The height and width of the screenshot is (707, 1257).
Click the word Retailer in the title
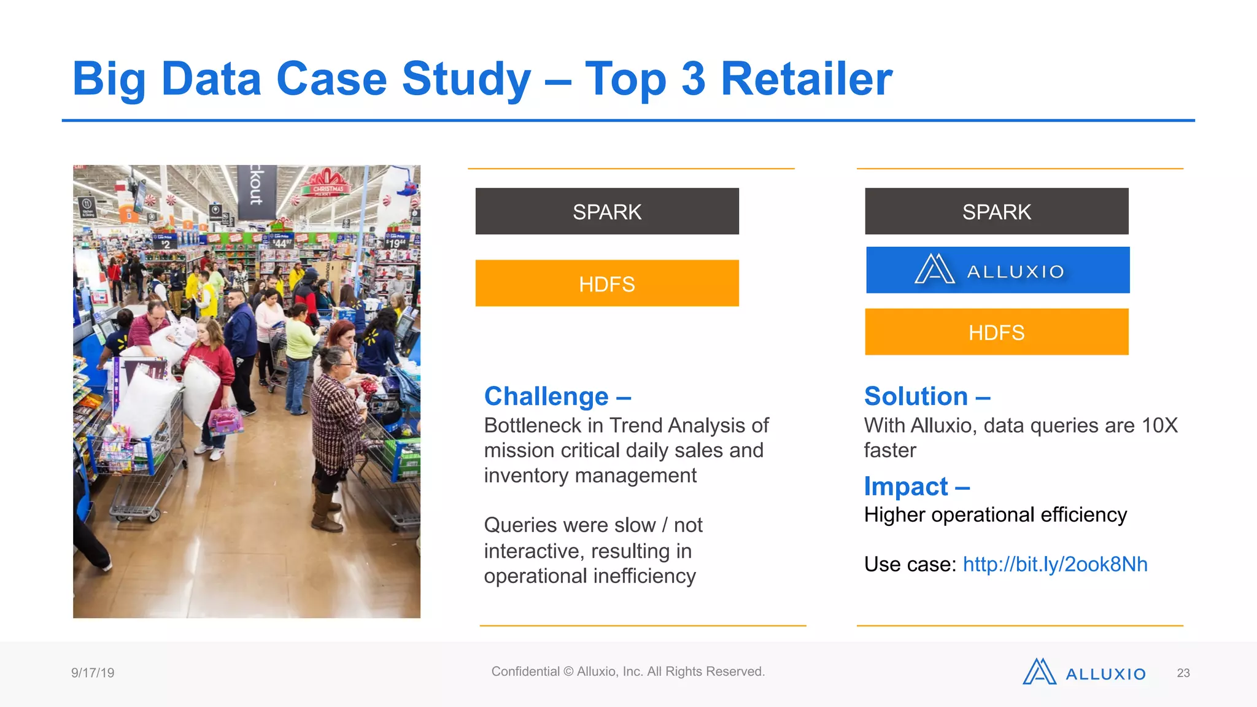[x=806, y=79]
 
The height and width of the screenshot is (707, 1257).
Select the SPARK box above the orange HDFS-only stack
[x=606, y=212]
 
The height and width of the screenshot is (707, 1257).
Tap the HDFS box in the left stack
[x=606, y=284]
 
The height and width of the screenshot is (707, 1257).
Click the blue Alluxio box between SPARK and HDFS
[x=997, y=270]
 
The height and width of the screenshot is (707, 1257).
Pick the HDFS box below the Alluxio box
[x=996, y=332]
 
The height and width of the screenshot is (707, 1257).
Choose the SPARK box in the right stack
[x=996, y=212]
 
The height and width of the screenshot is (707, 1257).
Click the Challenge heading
[x=557, y=396]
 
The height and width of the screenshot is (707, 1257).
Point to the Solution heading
[x=926, y=396]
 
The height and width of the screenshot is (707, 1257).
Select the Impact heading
[x=916, y=487]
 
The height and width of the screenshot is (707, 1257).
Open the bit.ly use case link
[x=1054, y=564]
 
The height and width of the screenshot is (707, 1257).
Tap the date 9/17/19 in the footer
[x=93, y=673]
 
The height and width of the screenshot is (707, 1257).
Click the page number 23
[x=1183, y=673]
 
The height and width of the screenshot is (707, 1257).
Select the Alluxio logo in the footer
[x=1083, y=673]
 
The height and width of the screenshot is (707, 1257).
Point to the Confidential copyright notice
[x=627, y=671]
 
